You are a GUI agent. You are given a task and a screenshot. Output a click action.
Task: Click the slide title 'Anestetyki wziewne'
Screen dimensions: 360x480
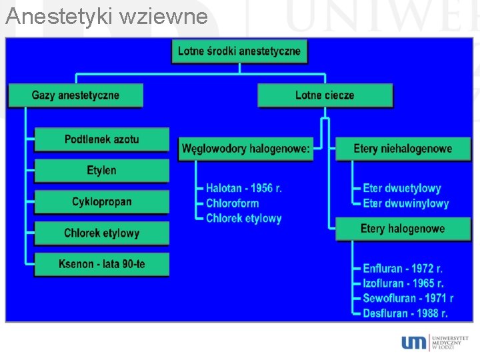point(107,16)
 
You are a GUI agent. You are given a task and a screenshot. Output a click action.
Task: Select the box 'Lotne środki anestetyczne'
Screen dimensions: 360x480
point(239,51)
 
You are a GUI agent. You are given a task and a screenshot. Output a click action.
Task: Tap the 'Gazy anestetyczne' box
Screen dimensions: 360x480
point(75,95)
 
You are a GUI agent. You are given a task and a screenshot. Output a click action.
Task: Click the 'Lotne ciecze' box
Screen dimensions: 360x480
point(325,95)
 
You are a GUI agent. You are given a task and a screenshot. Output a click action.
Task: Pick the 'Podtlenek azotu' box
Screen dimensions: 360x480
point(101,139)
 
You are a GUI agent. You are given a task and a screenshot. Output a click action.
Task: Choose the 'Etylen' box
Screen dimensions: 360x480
point(101,171)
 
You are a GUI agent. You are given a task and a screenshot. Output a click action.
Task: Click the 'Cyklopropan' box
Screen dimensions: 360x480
point(101,202)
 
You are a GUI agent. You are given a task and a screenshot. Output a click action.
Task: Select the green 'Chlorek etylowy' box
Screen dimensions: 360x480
point(101,233)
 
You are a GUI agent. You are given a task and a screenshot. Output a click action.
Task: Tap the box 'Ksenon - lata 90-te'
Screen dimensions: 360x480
point(101,265)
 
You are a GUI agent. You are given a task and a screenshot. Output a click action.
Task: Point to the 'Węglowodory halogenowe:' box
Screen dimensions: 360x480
point(246,149)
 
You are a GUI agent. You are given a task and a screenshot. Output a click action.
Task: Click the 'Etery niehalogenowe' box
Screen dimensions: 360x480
point(403,149)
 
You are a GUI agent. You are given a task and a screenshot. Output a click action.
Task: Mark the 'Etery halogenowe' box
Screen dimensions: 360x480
point(403,229)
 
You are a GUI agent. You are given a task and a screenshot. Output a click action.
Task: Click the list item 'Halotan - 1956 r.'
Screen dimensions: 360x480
point(244,189)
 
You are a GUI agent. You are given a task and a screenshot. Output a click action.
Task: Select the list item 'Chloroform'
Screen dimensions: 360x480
point(232,203)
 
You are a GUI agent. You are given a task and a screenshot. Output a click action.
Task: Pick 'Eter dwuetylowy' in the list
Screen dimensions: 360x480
point(402,189)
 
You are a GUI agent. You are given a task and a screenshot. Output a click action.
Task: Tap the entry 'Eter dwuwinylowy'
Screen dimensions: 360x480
point(406,203)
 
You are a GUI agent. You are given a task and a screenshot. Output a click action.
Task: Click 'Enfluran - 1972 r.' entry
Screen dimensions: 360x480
point(403,269)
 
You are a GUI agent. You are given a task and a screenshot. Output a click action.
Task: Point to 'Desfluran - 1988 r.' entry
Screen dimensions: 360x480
point(405,313)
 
